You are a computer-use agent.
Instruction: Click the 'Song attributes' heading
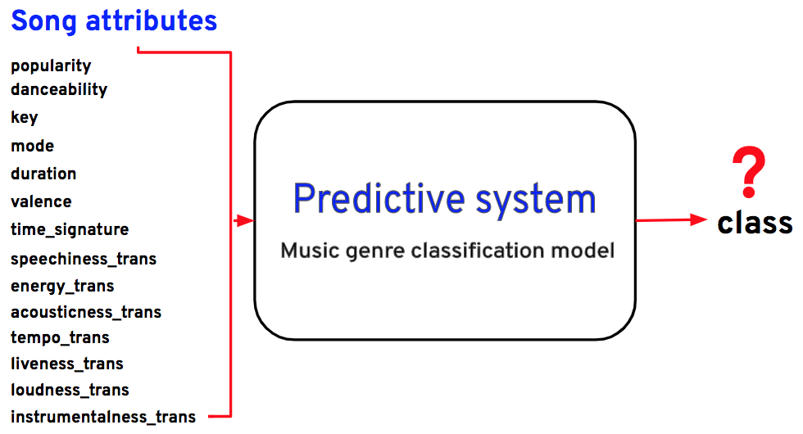click(114, 21)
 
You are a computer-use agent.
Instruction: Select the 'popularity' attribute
click(51, 66)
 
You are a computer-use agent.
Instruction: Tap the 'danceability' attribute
click(59, 89)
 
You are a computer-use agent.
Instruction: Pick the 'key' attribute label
click(25, 117)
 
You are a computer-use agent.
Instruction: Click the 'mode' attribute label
click(33, 146)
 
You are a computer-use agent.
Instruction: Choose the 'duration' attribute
click(43, 174)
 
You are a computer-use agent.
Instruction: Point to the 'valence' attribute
click(41, 201)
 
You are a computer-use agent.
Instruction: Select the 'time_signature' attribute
click(70, 230)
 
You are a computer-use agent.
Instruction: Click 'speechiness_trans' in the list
click(84, 260)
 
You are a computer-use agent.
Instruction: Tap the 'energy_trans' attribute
click(62, 286)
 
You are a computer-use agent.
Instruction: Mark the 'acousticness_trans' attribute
click(86, 312)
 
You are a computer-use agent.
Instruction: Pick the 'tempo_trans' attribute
click(60, 337)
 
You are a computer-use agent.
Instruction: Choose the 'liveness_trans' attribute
click(67, 364)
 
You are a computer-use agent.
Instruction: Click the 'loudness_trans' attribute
click(70, 390)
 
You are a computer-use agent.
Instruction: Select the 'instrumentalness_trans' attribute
click(103, 417)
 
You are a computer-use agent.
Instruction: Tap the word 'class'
click(755, 223)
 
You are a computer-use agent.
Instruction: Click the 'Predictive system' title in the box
click(444, 199)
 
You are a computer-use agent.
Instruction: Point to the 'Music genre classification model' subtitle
click(447, 251)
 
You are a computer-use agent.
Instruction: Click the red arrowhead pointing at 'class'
click(699, 219)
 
